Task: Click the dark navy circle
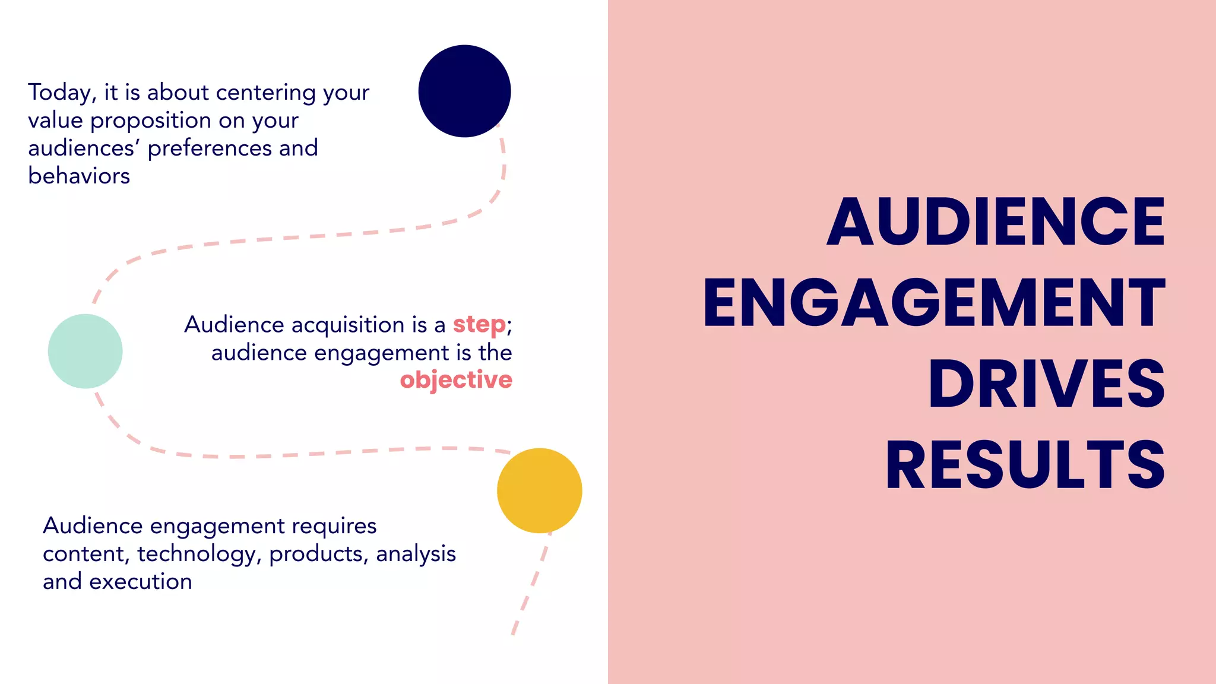tap(464, 91)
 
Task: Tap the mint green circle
tap(85, 351)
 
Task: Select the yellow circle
tap(539, 490)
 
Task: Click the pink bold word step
tap(479, 324)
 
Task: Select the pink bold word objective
tap(456, 380)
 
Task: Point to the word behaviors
tap(79, 176)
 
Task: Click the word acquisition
tap(348, 325)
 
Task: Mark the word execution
tap(141, 581)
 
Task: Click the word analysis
tap(416, 553)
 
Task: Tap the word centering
tap(266, 93)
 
